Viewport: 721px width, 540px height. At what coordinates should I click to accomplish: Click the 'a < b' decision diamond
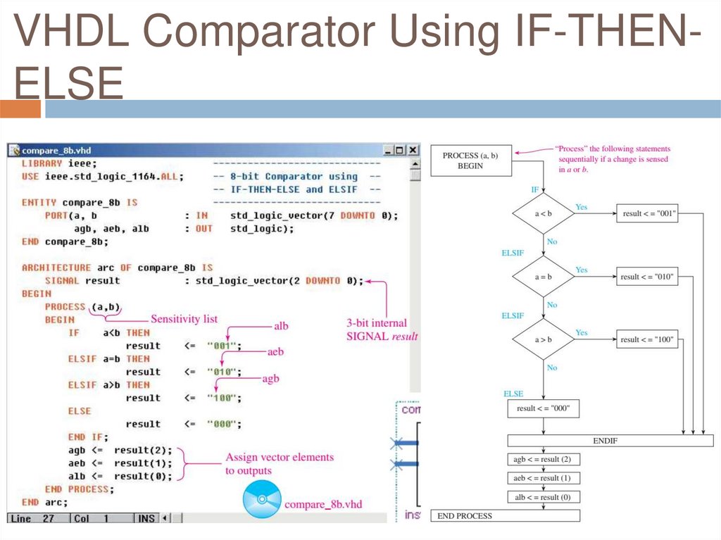pyautogui.click(x=543, y=214)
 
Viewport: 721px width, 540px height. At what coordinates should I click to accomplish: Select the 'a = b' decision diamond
pyautogui.click(x=543, y=277)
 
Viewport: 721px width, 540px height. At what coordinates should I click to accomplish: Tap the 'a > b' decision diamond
pyautogui.click(x=543, y=339)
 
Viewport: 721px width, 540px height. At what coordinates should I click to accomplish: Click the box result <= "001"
pyautogui.click(x=646, y=214)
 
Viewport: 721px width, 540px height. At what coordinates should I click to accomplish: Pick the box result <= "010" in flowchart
pyautogui.click(x=646, y=277)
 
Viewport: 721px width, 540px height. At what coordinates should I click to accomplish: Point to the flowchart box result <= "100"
pyautogui.click(x=646, y=339)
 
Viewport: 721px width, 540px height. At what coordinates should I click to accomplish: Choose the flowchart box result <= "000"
pyautogui.click(x=543, y=408)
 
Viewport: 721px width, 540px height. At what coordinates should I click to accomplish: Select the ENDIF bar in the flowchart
pyautogui.click(x=605, y=441)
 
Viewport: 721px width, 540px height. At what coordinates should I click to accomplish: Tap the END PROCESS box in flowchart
pyautogui.click(x=505, y=516)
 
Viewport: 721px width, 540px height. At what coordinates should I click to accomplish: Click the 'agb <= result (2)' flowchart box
pyautogui.click(x=543, y=460)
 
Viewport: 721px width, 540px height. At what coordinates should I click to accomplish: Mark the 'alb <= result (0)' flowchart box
pyautogui.click(x=543, y=497)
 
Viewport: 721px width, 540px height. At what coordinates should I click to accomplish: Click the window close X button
pyautogui.click(x=413, y=150)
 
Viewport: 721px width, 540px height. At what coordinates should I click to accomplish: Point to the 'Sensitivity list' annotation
pyautogui.click(x=184, y=319)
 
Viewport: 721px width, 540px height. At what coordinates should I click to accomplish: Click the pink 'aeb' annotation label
pyautogui.click(x=275, y=351)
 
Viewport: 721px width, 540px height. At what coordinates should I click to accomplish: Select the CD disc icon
pyautogui.click(x=261, y=500)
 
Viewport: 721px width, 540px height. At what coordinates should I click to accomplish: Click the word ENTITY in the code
pyautogui.click(x=39, y=203)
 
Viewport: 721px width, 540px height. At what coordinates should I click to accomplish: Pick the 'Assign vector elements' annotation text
pyautogui.click(x=280, y=457)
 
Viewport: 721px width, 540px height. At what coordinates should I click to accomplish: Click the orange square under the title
pyautogui.click(x=20, y=109)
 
